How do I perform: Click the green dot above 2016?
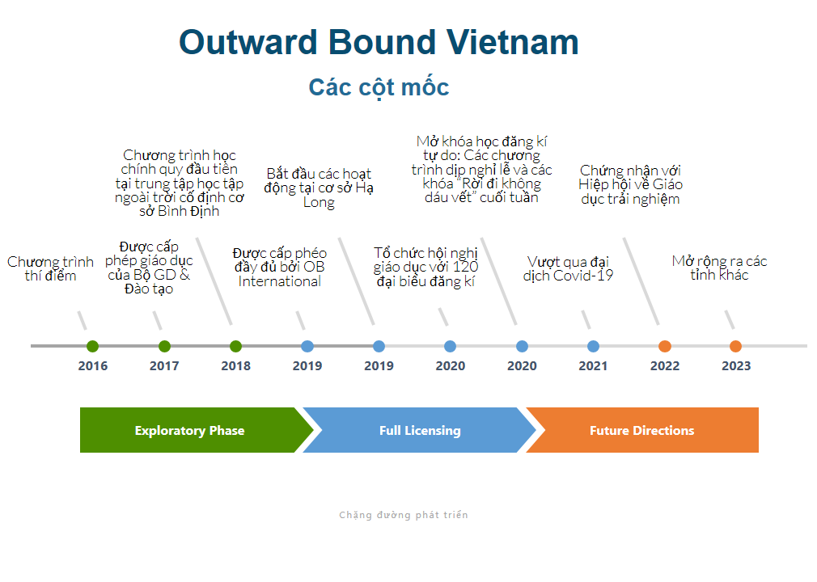click(x=93, y=346)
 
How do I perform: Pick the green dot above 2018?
click(x=235, y=346)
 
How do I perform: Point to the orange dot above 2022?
click(x=665, y=346)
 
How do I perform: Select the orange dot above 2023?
click(x=736, y=346)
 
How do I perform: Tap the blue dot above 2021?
click(x=593, y=346)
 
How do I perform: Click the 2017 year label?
click(x=164, y=366)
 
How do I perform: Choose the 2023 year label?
click(x=736, y=366)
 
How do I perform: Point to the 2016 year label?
click(x=93, y=366)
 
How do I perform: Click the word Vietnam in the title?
click(x=513, y=42)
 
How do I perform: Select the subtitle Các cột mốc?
click(x=379, y=87)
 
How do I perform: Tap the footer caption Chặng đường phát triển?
click(x=404, y=515)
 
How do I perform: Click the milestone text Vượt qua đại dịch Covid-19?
click(x=568, y=268)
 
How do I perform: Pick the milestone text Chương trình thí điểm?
click(x=50, y=268)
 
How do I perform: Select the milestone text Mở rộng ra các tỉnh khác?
click(x=720, y=268)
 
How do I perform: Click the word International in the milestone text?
click(x=280, y=281)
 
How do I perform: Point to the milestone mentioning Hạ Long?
click(x=319, y=188)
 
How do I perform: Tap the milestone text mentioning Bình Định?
click(x=180, y=183)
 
